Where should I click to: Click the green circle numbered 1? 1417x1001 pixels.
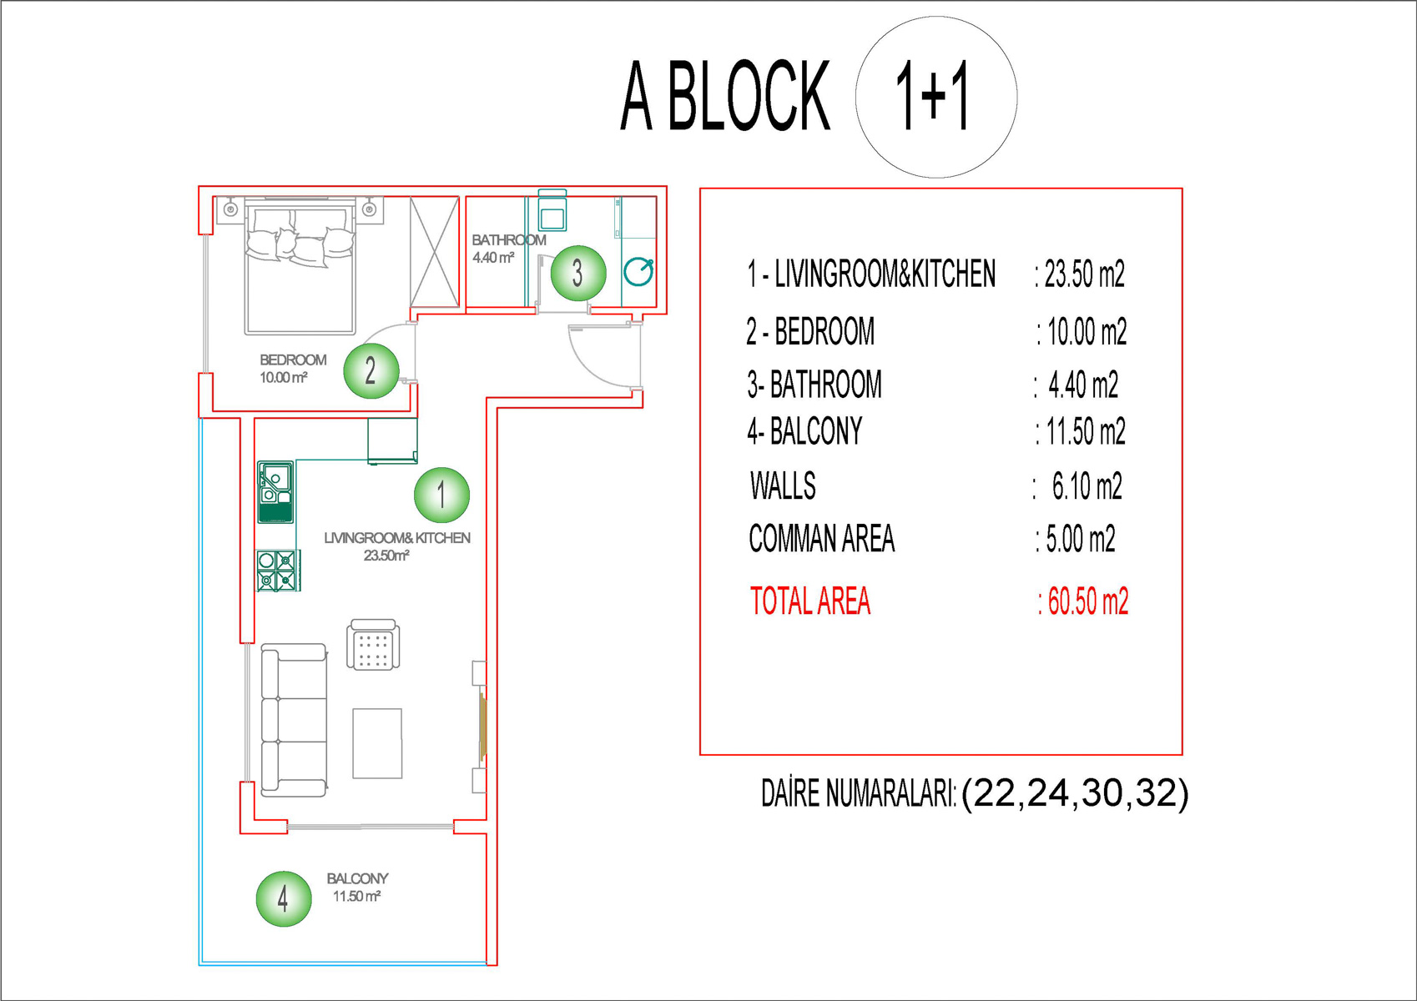441,495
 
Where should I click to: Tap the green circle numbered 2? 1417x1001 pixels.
371,371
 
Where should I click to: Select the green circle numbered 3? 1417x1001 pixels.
578,273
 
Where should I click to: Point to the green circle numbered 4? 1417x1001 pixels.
284,898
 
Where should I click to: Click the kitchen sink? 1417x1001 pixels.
275,492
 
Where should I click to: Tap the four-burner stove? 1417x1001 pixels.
279,571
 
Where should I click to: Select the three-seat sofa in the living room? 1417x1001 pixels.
294,720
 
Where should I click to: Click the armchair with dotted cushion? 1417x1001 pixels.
373,644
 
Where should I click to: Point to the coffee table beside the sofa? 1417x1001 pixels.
377,743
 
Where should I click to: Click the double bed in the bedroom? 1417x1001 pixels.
300,265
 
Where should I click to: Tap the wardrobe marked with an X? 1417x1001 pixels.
435,252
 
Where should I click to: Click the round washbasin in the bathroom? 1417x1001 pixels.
638,272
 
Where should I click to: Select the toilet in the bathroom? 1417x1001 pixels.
552,210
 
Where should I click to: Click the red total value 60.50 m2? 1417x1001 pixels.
1083,601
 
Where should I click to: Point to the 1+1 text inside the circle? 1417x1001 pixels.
932,97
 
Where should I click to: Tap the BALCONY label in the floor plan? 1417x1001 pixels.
357,878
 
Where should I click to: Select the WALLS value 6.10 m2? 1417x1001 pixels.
1087,486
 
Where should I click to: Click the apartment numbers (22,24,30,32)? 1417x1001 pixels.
1075,793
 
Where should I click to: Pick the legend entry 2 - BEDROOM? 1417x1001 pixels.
810,331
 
